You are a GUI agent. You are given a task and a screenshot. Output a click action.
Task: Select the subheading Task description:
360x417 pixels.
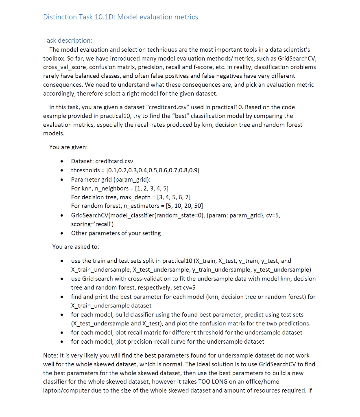click(68, 40)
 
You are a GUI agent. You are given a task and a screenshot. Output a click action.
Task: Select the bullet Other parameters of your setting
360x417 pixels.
click(116, 233)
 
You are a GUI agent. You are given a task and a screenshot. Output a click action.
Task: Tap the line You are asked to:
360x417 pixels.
click(76, 247)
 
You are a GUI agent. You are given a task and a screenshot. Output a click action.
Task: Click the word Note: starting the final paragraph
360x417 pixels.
click(50, 355)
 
